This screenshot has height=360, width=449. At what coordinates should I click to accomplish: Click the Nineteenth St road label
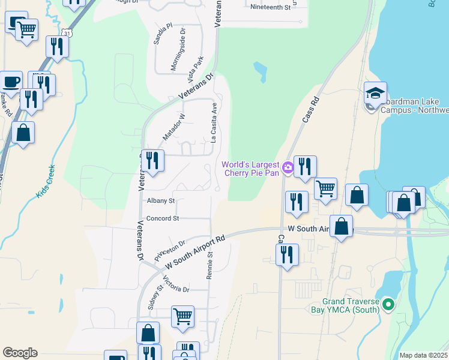tap(270, 8)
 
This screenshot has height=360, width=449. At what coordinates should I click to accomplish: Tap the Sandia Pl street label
tap(162, 35)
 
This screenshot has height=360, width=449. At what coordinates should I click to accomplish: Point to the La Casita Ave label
tap(213, 122)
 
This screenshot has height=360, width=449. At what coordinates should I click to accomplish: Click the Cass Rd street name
tap(309, 112)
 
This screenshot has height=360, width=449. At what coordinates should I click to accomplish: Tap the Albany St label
tap(160, 201)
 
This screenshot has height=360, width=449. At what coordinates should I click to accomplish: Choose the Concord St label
tap(163, 219)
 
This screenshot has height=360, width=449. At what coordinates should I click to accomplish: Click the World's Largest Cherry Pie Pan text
tap(251, 169)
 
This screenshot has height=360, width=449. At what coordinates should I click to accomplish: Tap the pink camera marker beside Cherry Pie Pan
tap(288, 168)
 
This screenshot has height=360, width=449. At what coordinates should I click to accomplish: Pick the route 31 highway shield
tap(69, 34)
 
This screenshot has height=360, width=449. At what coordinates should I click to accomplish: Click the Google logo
tap(20, 353)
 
